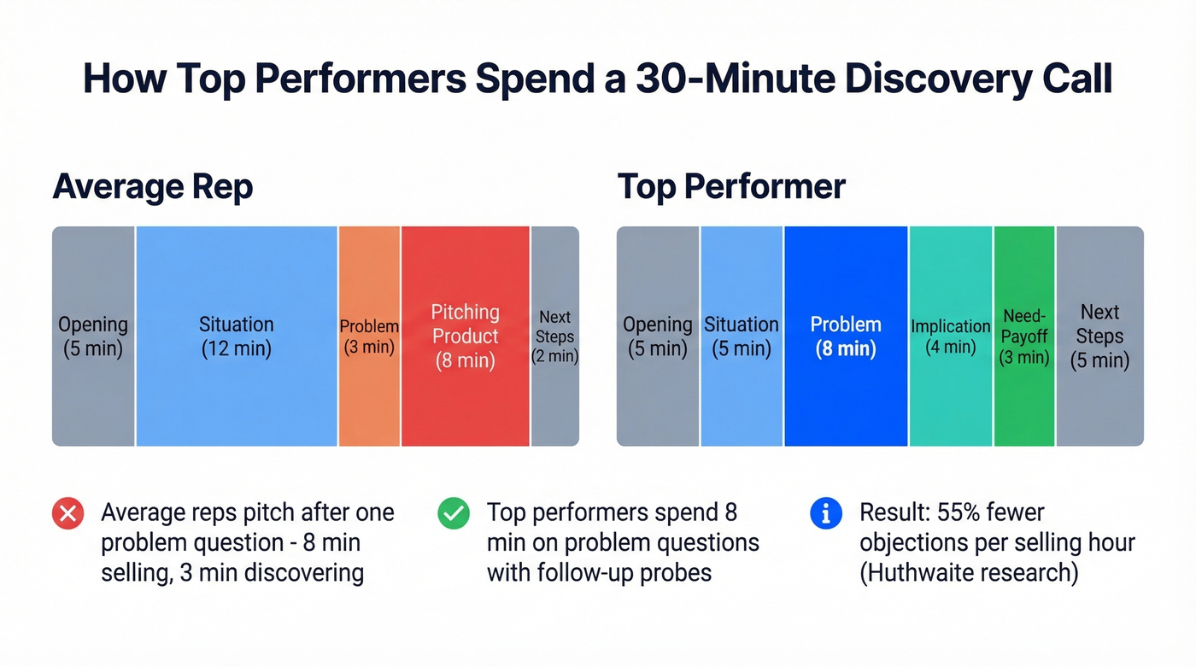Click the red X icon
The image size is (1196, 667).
(67, 514)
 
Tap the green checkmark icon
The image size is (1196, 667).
(454, 514)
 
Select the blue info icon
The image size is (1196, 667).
(826, 514)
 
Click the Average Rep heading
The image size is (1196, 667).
(153, 186)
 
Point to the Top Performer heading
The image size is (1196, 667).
(731, 186)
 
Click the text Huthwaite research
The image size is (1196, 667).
(969, 571)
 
